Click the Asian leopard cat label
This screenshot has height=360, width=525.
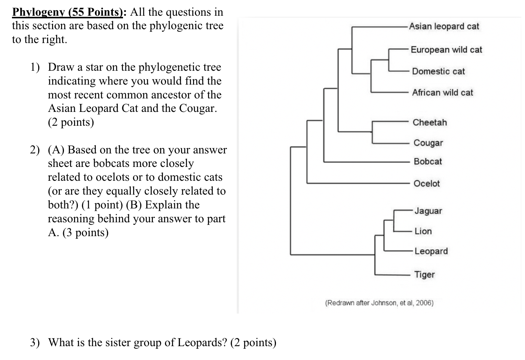coord(444,27)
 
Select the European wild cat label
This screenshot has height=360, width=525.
coord(446,50)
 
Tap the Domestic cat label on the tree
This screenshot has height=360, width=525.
coord(438,71)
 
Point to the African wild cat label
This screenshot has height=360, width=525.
coord(442,93)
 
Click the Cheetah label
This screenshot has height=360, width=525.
coord(430,123)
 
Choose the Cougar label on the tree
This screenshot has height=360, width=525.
coord(428,143)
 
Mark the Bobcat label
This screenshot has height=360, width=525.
coord(428,162)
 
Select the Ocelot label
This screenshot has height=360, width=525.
coord(427,184)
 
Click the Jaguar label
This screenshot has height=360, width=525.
coord(428,211)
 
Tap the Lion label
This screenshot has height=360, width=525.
coord(423,231)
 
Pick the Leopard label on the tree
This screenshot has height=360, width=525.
coord(431,251)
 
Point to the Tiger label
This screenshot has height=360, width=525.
coord(424,275)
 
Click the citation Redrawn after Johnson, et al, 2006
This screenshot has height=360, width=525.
coord(379,303)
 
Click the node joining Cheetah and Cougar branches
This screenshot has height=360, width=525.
coord(372,132)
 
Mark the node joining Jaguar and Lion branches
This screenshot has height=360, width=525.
coord(394,221)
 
